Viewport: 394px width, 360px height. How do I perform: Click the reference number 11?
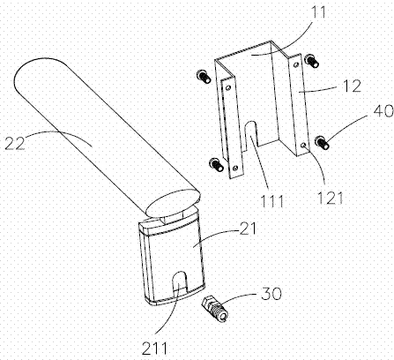pyautogui.click(x=319, y=12)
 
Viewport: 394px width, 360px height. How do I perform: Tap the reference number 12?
pyautogui.click(x=353, y=86)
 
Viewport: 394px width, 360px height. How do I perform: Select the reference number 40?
pyautogui.click(x=383, y=111)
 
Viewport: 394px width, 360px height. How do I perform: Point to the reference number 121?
pyautogui.click(x=331, y=199)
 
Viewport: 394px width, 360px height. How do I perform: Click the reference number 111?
pyautogui.click(x=272, y=201)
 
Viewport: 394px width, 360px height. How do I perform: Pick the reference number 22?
pyautogui.click(x=15, y=143)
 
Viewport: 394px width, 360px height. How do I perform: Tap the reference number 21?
pyautogui.click(x=248, y=229)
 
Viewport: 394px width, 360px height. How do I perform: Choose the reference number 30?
pyautogui.click(x=271, y=293)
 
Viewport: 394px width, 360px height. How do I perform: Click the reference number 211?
pyautogui.click(x=154, y=349)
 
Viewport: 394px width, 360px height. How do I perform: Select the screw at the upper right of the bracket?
pyautogui.click(x=312, y=61)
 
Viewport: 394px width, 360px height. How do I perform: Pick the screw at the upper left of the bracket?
pyautogui.click(x=203, y=76)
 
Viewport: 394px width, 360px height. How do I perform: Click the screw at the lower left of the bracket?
pyautogui.click(x=216, y=164)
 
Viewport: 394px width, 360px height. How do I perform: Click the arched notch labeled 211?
pyautogui.click(x=179, y=284)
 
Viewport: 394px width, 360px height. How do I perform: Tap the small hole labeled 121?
pyautogui.click(x=304, y=145)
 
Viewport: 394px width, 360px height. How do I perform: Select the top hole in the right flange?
pyautogui.click(x=296, y=64)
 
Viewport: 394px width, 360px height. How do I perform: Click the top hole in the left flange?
pyautogui.click(x=228, y=87)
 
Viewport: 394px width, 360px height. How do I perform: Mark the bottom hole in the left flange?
pyautogui.click(x=234, y=168)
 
